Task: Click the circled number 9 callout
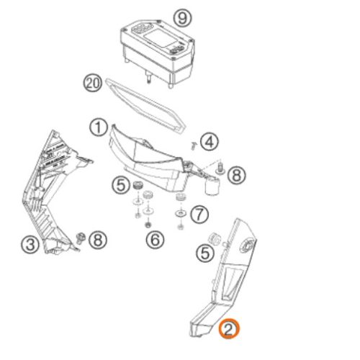[183, 17]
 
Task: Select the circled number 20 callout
[93, 84]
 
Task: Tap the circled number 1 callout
[98, 127]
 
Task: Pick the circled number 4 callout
[210, 142]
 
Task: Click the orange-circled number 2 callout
[229, 328]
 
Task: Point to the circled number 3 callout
[30, 244]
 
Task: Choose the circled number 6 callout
[156, 240]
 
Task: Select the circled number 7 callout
[199, 215]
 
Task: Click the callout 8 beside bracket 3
[98, 240]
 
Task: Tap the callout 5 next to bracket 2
[205, 253]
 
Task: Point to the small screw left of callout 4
[193, 145]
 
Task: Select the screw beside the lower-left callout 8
[81, 238]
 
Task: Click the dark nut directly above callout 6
[148, 225]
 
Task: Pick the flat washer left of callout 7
[181, 213]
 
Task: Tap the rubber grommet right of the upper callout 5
[138, 185]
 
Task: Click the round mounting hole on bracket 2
[247, 246]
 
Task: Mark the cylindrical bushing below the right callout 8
[212, 186]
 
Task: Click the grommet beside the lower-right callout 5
[214, 239]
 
